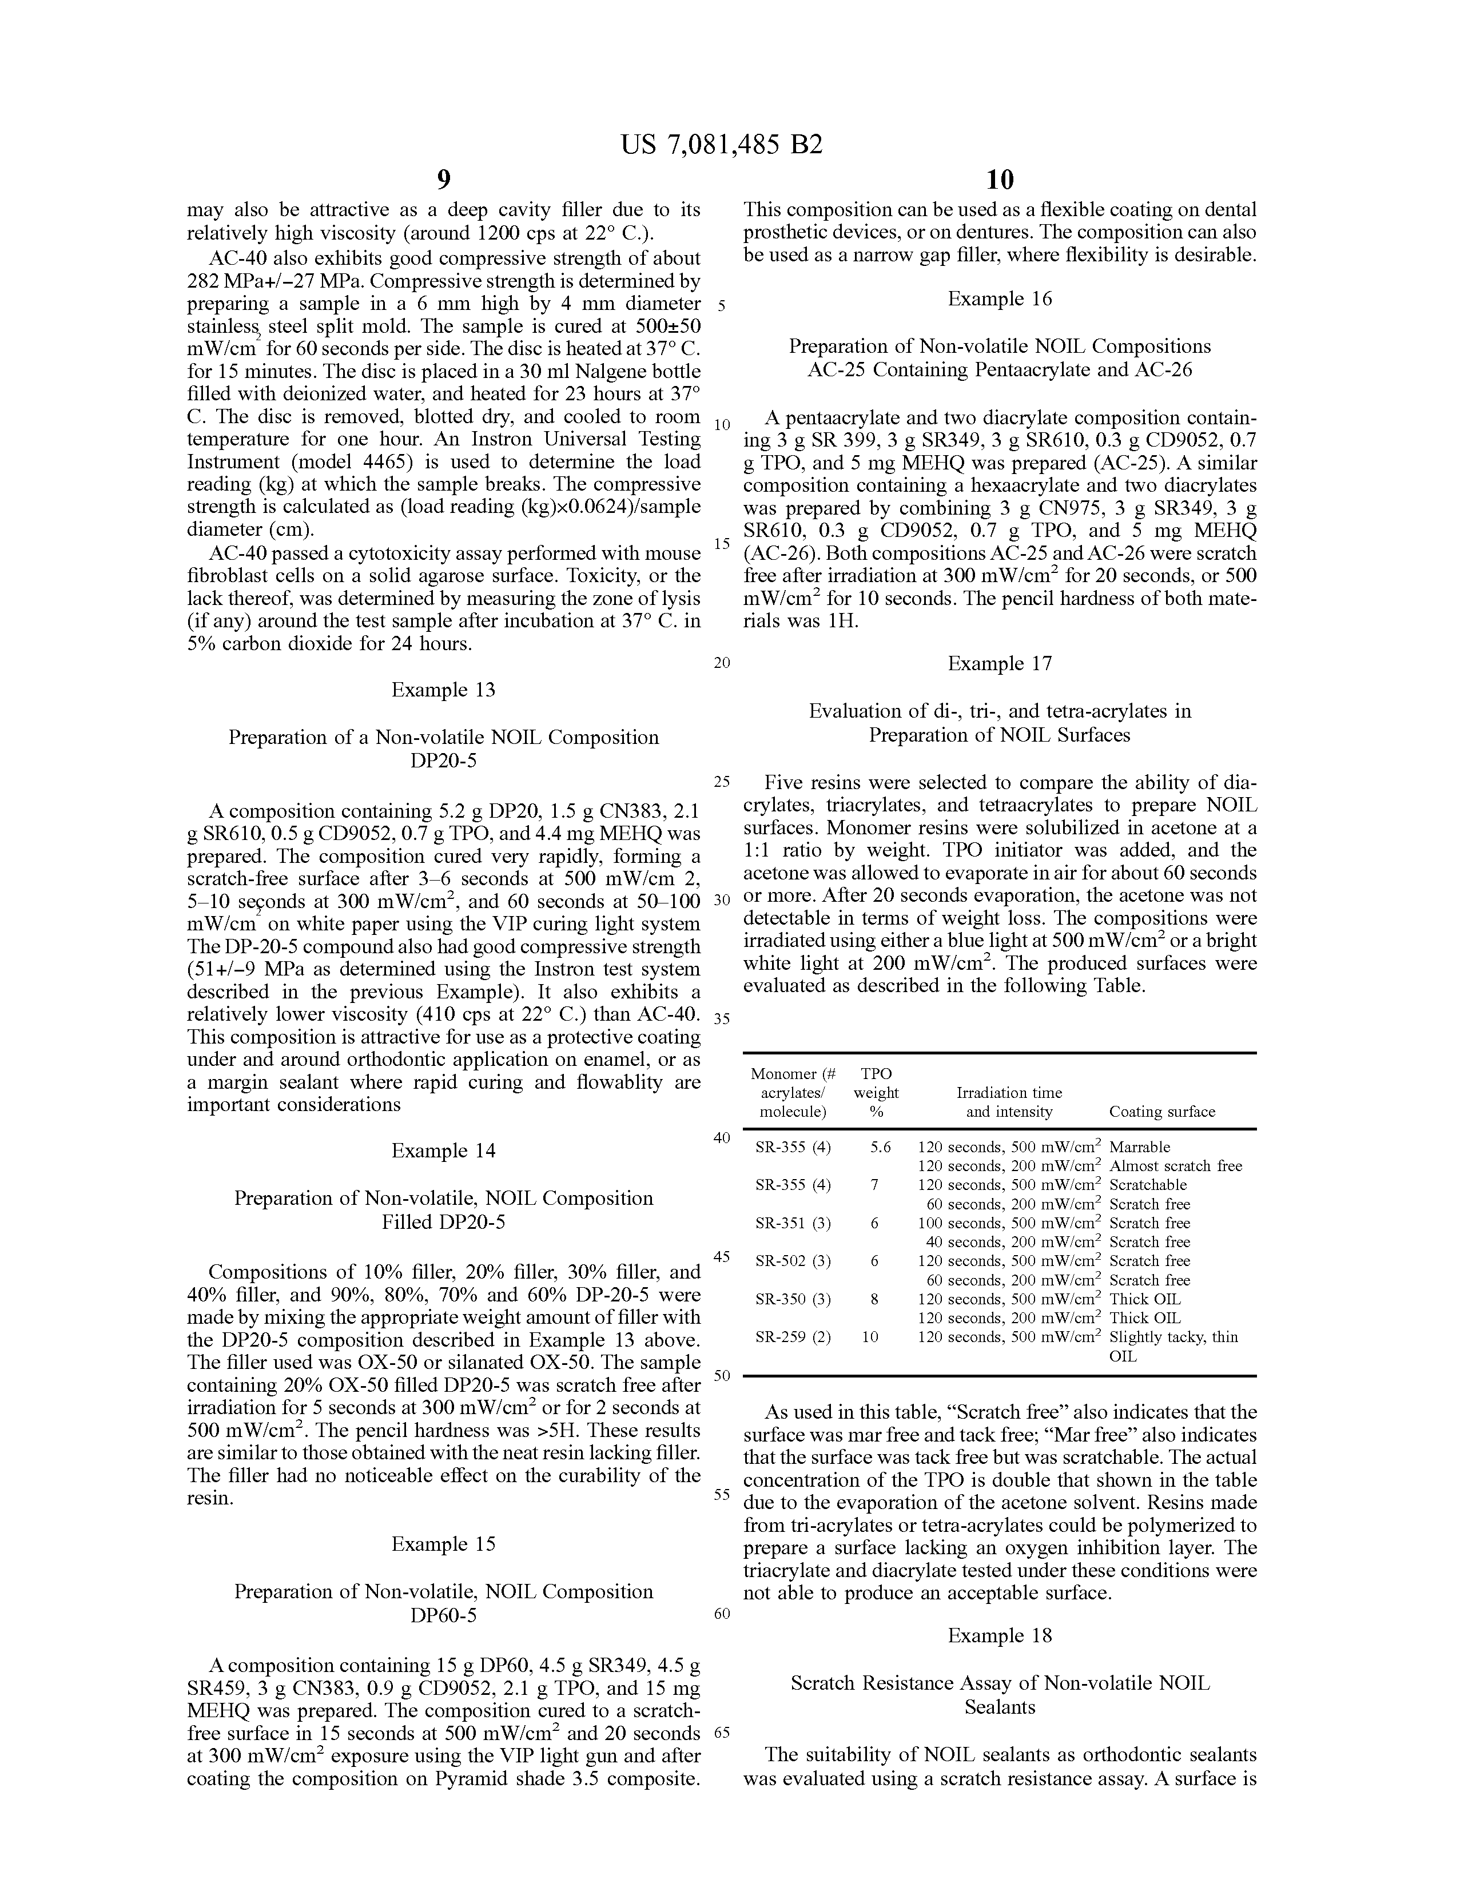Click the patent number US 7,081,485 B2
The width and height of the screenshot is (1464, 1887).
[x=722, y=144]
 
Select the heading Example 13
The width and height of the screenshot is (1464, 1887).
[x=443, y=690]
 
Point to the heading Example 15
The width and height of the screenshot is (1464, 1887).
[x=443, y=1543]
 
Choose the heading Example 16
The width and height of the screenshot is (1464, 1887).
[x=999, y=299]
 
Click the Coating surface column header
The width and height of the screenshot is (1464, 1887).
[x=1161, y=1112]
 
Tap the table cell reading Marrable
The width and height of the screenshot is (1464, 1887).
[x=1139, y=1148]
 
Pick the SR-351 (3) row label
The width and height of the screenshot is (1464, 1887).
[x=793, y=1224]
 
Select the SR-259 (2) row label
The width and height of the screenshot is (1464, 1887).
[x=793, y=1337]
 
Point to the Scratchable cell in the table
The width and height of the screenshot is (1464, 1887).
[x=1148, y=1185]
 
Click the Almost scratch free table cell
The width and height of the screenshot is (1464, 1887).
[x=1175, y=1167]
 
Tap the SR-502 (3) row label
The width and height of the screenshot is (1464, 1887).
[x=793, y=1261]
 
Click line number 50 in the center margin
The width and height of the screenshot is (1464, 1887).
[x=722, y=1375]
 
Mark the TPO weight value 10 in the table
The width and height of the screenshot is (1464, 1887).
[x=870, y=1337]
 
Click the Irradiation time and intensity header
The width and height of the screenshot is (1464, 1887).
[x=1009, y=1102]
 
